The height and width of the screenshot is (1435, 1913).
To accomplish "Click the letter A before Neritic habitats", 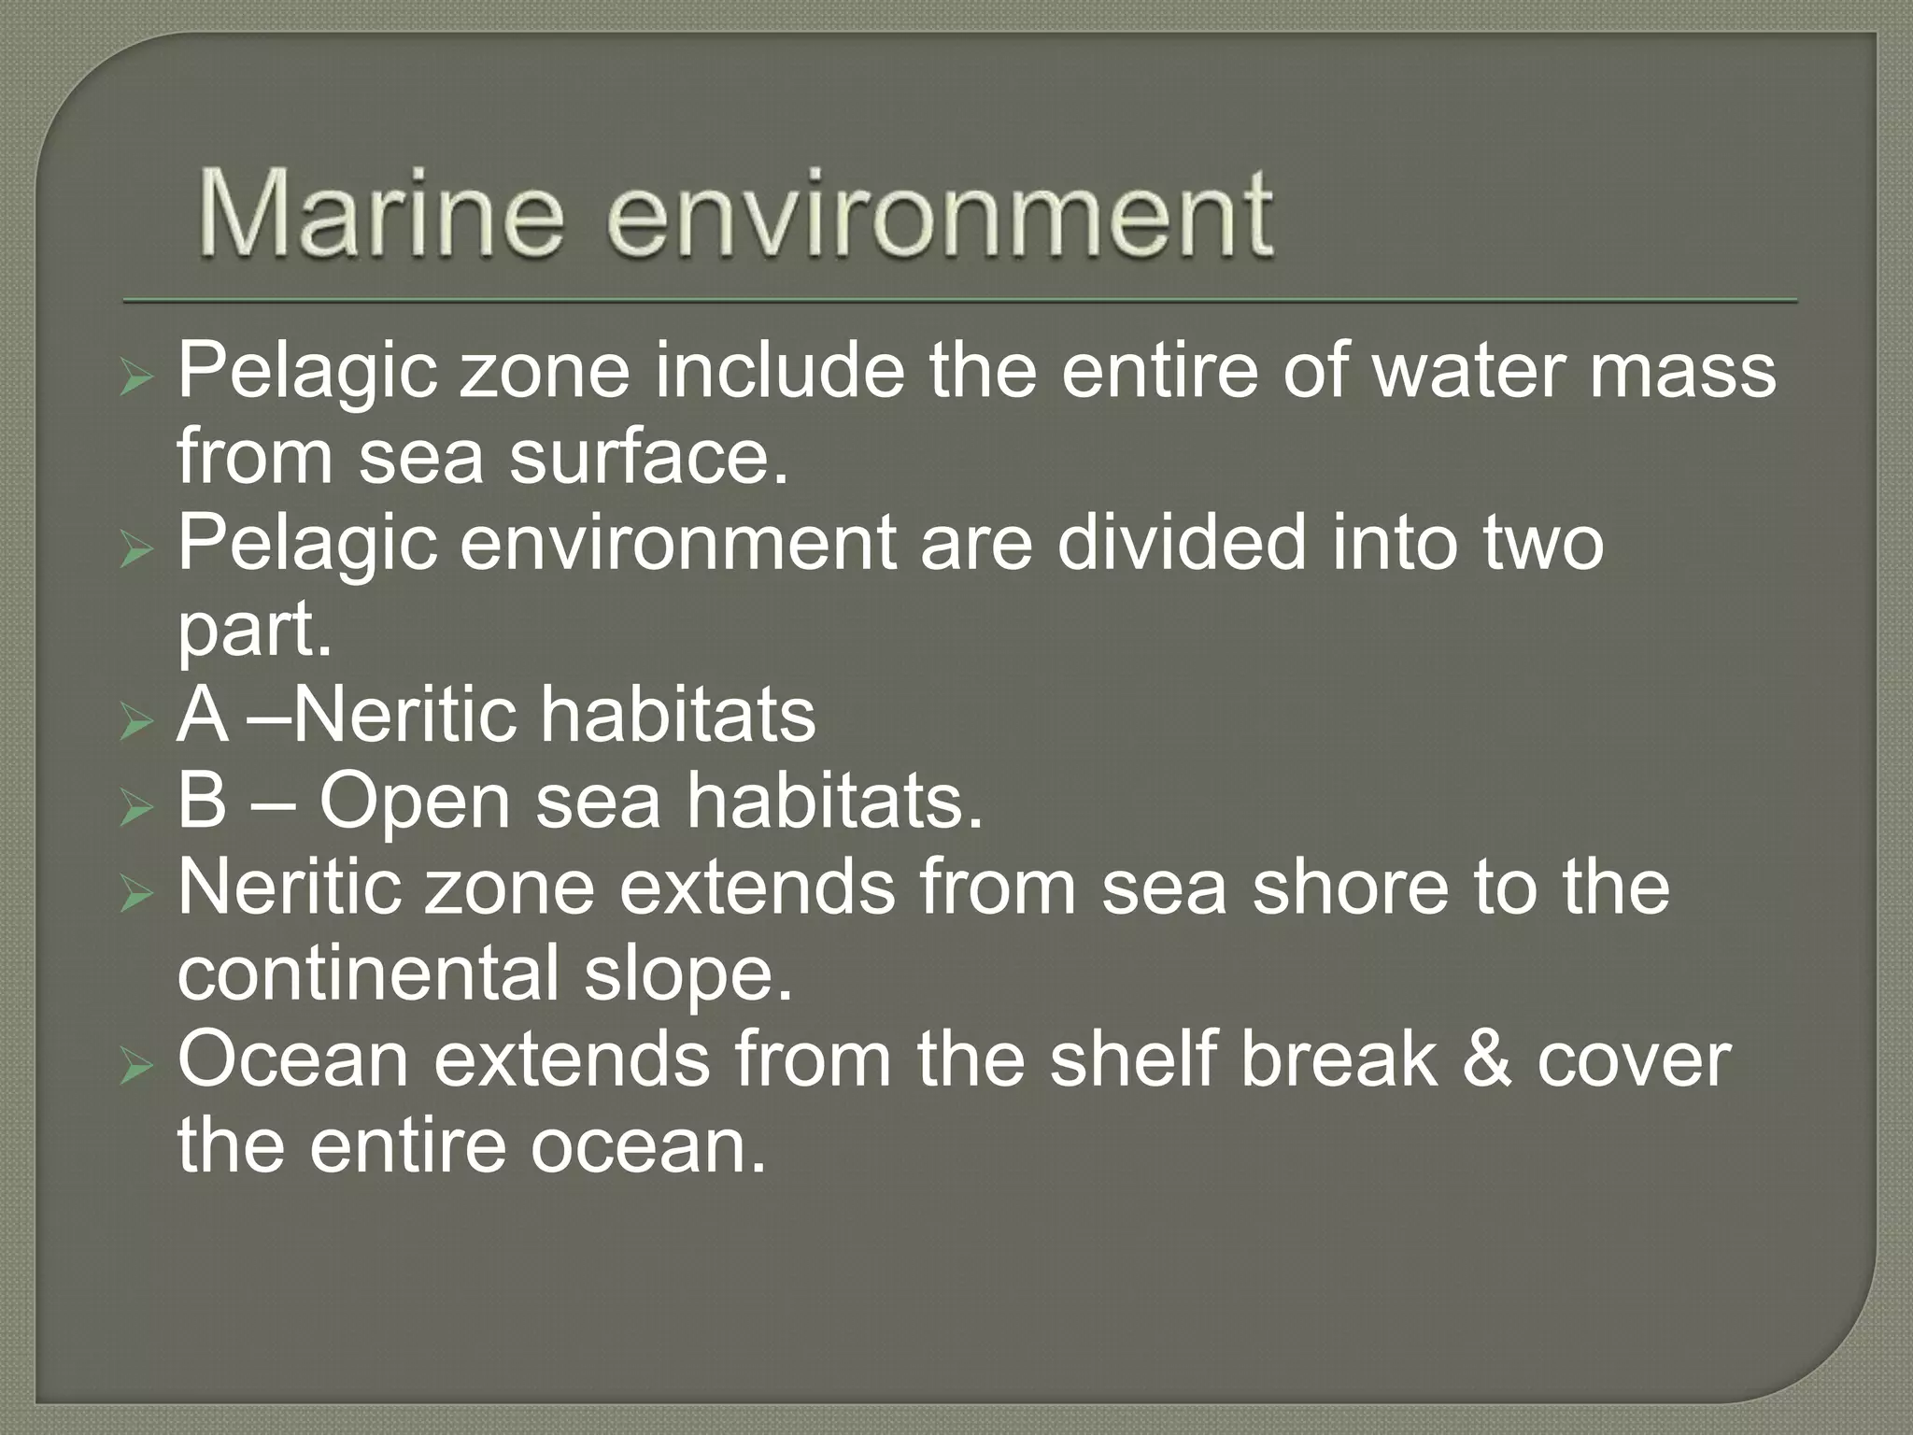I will (202, 716).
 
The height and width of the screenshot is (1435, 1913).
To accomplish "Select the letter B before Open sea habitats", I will (202, 802).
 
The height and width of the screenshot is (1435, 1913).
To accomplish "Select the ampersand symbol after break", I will (1487, 1061).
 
